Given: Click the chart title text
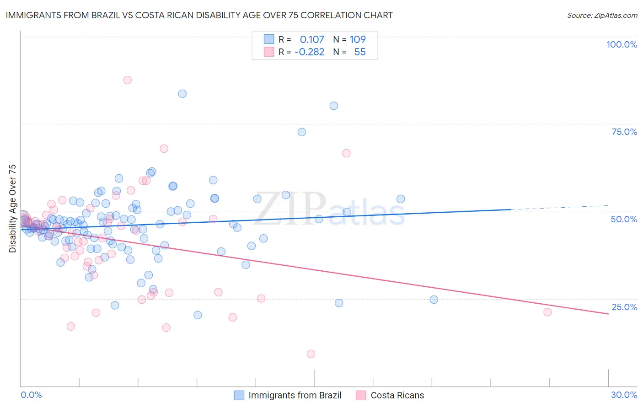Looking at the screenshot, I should [x=199, y=16].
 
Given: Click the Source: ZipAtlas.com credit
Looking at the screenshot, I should [x=602, y=16].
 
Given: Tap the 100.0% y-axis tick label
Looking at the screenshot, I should [x=622, y=44].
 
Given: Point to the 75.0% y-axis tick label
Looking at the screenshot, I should [x=624, y=132].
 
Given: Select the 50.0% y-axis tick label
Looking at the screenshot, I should [x=624, y=219].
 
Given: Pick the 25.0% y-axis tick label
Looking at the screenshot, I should [x=624, y=307].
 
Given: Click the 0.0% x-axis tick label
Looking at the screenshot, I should [x=31, y=395].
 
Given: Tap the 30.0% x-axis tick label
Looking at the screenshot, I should [x=624, y=395].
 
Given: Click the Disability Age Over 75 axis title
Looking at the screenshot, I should [x=12, y=208].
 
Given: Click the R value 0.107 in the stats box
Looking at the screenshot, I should [x=312, y=40].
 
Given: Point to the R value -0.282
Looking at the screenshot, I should [x=309, y=52].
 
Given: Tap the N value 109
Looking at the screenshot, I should [x=358, y=40].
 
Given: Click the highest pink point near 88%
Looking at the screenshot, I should [x=128, y=80].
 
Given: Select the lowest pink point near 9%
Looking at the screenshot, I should [x=311, y=354].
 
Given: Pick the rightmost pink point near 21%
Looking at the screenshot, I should [x=547, y=312].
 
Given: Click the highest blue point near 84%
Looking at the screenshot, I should [x=182, y=94].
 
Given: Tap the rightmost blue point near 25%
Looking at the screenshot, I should [x=434, y=300].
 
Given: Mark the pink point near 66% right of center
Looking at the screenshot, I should [x=346, y=153].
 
